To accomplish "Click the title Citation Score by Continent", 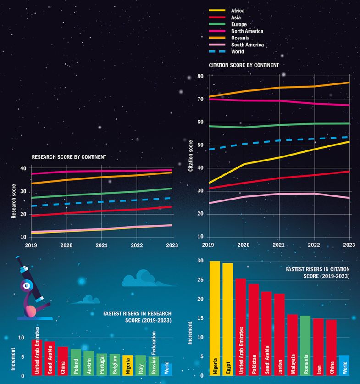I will (244, 65).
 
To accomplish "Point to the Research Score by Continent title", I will (69, 157).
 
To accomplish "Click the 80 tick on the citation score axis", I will (200, 76).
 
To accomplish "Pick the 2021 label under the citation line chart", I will (279, 245).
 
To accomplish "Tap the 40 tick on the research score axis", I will (23, 168).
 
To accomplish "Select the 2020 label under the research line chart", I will (66, 245).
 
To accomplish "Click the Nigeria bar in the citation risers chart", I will (215, 318).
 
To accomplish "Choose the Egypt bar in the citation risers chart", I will (227, 319).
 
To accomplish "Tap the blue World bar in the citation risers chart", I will (344, 365).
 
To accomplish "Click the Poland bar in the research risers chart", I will (76, 362).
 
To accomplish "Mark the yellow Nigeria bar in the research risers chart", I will (127, 365).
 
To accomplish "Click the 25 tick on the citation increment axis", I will (200, 280).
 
